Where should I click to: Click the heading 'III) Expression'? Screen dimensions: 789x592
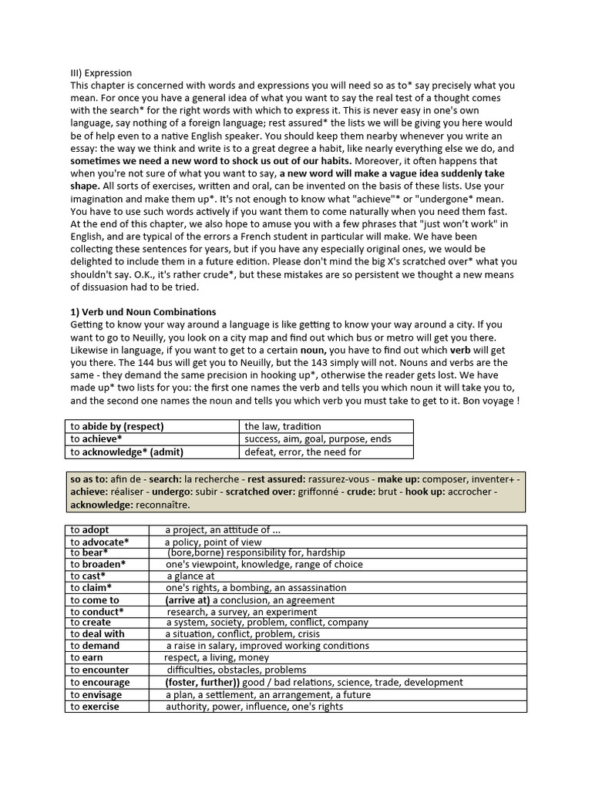point(101,73)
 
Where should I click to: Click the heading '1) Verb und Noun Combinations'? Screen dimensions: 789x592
point(143,312)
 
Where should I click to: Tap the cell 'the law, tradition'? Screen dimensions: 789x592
point(283,426)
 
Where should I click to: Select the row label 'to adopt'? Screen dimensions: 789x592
point(91,530)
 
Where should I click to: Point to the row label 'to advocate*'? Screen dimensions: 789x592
point(99,542)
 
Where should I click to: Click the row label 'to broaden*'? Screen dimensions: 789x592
point(98,564)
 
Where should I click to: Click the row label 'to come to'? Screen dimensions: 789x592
point(95,599)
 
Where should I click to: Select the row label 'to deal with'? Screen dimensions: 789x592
point(97,634)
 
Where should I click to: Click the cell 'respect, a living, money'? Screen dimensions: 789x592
point(217,658)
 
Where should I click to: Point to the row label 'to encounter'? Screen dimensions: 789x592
point(99,670)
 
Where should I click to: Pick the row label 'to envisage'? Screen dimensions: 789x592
point(96,694)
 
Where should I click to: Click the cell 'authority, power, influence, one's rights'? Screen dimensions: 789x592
point(254,707)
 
